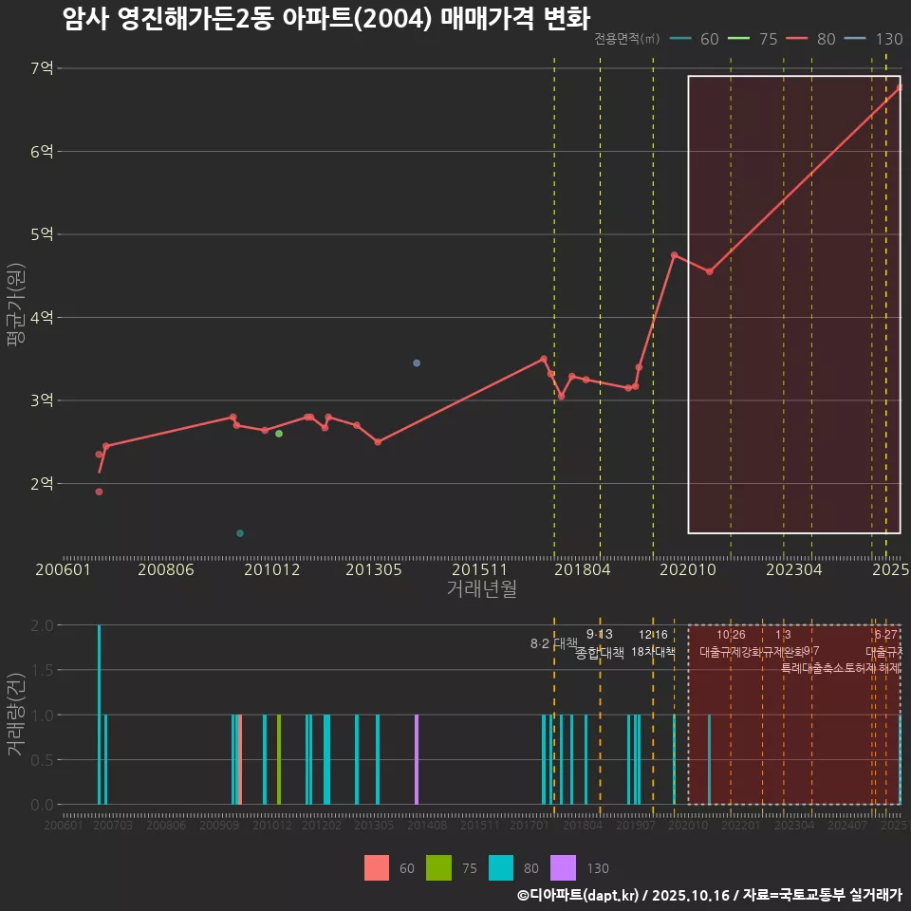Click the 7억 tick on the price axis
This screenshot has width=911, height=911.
pyautogui.click(x=41, y=68)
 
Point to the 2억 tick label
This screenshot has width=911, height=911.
pyautogui.click(x=41, y=484)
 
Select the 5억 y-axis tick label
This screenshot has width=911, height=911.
pyautogui.click(x=41, y=234)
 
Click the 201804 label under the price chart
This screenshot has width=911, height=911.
pyautogui.click(x=582, y=570)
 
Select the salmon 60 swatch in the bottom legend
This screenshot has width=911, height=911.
pyautogui.click(x=377, y=867)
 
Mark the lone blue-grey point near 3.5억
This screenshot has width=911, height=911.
pyautogui.click(x=417, y=363)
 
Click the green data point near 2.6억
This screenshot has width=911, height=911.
pyautogui.click(x=279, y=434)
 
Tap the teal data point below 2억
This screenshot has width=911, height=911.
pyautogui.click(x=240, y=533)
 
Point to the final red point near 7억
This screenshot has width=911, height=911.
pyautogui.click(x=900, y=87)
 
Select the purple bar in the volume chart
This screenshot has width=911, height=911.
pyautogui.click(x=417, y=759)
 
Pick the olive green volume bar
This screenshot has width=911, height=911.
pyautogui.click(x=279, y=759)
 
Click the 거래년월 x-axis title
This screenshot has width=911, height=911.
pyautogui.click(x=481, y=589)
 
